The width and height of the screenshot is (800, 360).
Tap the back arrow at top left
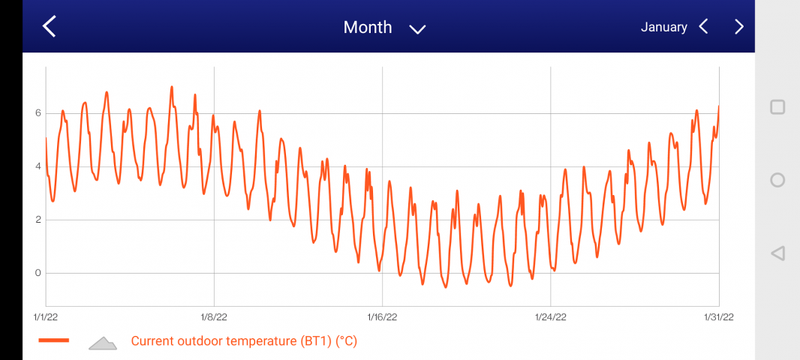pos(50,27)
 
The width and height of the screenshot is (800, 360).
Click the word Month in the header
pos(368,27)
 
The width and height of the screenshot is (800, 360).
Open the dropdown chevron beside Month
pos(417,28)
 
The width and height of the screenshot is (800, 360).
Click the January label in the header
pos(663,27)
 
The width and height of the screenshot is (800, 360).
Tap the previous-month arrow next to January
pos(703,27)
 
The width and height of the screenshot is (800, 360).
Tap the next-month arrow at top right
pos(739,27)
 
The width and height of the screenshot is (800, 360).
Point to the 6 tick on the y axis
pos(38,113)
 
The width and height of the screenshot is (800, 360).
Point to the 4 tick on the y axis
pos(38,166)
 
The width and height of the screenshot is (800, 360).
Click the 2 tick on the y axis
pos(38,220)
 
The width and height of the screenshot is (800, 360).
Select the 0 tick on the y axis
pos(38,273)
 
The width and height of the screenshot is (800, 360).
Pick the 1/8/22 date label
pos(214,317)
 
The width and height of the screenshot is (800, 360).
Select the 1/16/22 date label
pos(383,317)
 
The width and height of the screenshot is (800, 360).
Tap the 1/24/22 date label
pos(551,317)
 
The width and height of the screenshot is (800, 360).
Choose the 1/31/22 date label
pos(718,317)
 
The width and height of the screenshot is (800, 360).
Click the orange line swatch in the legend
pos(54,340)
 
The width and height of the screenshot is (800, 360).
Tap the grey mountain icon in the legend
pos(103,343)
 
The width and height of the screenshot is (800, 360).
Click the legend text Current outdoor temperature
pos(244,341)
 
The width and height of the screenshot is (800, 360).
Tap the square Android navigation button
pos(777,107)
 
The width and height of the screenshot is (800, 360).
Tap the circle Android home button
pos(777,180)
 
